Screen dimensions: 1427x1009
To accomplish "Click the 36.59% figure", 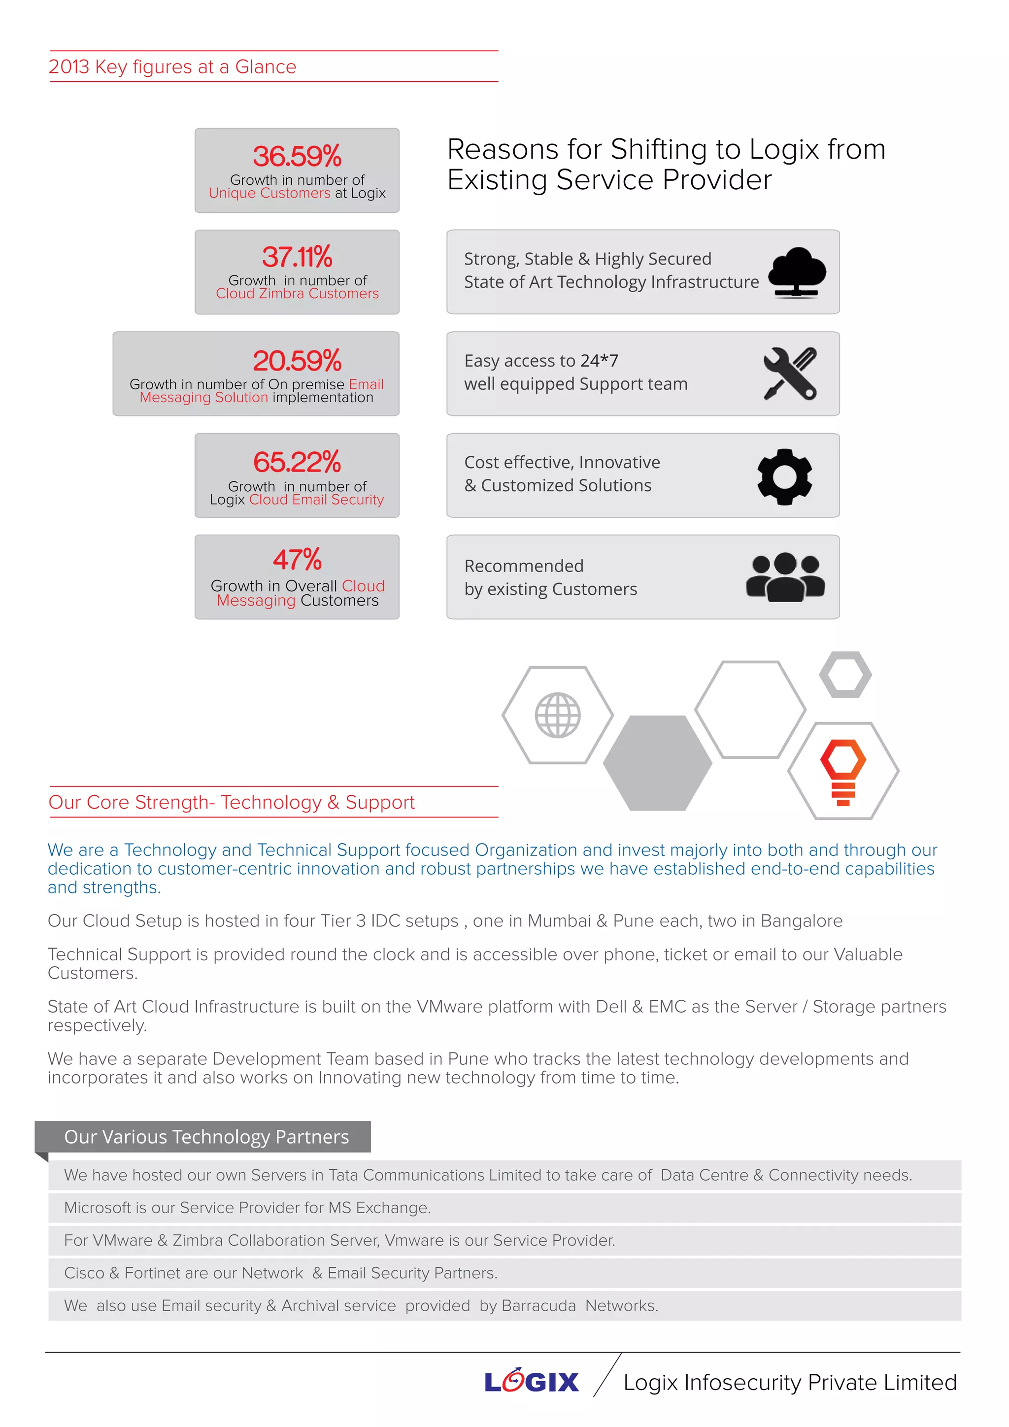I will point(297,156).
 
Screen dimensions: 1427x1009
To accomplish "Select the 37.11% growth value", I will point(297,257).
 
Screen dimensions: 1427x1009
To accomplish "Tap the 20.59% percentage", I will point(297,361).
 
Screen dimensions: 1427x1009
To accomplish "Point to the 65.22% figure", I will point(297,462).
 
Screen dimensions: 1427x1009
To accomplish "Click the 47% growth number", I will point(297,559).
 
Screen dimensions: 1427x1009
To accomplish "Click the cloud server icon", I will point(797,272).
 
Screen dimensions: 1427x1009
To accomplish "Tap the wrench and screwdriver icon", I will point(790,374).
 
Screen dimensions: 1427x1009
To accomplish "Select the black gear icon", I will point(784,476).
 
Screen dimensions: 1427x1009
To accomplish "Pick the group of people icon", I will point(785,577).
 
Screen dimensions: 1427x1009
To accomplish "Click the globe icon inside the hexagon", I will point(557,715).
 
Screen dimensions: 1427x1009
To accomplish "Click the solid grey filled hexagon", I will point(657,763).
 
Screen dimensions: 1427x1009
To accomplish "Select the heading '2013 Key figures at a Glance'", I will point(173,67).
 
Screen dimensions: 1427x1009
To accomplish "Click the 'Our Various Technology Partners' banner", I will point(206,1137).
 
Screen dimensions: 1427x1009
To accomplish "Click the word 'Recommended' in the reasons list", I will point(524,566).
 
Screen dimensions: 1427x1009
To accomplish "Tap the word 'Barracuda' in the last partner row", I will point(538,1306).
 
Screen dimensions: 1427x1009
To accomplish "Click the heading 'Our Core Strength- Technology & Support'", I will point(231,802).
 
